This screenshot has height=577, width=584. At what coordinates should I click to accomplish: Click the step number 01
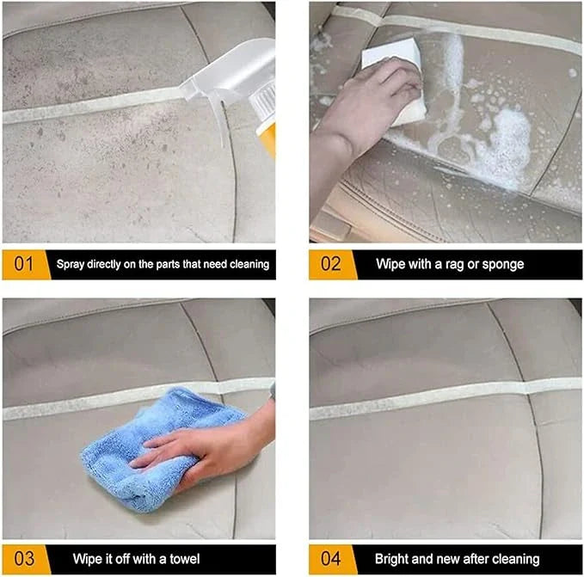click(x=24, y=264)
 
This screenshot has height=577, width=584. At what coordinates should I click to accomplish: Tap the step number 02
click(x=331, y=264)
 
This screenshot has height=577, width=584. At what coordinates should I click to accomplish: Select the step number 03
click(x=24, y=559)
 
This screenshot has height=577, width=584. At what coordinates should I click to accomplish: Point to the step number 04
click(x=331, y=559)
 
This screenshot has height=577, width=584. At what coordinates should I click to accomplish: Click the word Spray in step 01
click(x=70, y=265)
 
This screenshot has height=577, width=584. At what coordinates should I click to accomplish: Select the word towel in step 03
click(x=185, y=559)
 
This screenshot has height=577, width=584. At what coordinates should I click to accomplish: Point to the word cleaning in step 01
click(x=249, y=265)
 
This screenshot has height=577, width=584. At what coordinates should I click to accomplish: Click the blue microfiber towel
click(x=157, y=450)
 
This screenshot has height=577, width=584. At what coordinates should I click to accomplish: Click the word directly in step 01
click(x=104, y=265)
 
